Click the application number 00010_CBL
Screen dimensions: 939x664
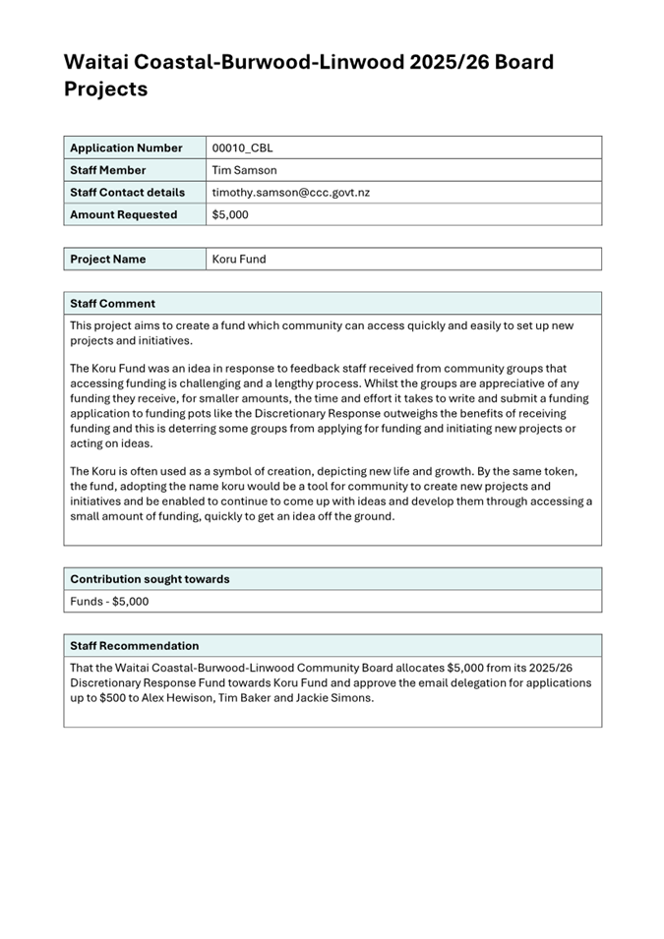click(242, 148)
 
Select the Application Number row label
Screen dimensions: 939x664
click(126, 148)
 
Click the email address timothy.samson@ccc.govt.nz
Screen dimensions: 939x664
click(290, 193)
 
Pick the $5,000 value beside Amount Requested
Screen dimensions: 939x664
click(230, 214)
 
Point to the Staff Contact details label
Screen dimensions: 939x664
click(127, 193)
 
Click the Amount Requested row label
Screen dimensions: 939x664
click(123, 214)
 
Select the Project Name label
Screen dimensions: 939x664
click(107, 260)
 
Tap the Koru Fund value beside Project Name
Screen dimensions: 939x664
click(239, 260)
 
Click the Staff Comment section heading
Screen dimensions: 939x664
click(112, 304)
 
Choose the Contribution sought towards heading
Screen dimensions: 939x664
click(150, 579)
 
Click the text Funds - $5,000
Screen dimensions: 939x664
click(109, 601)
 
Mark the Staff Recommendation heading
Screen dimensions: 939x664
click(134, 646)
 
